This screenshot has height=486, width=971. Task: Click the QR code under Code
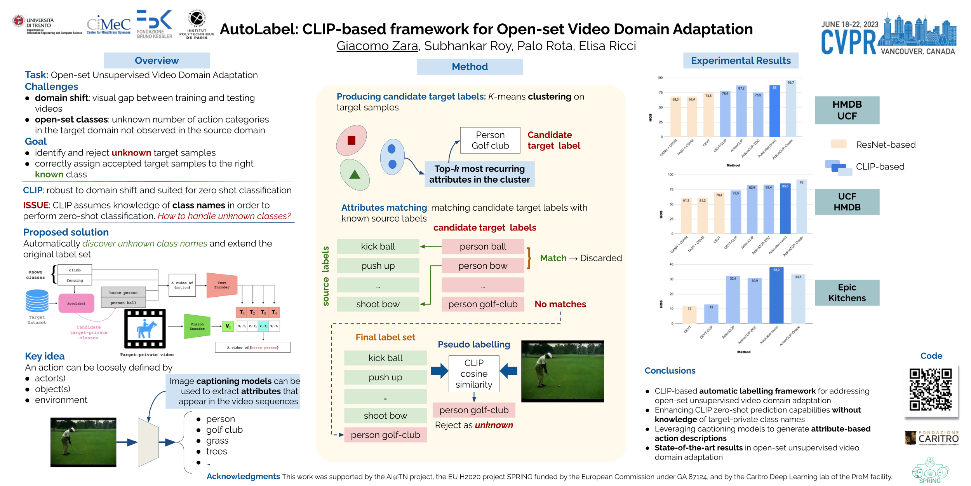(930, 390)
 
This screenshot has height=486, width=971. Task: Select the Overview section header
(157, 61)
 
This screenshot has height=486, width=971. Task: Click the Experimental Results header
(740, 61)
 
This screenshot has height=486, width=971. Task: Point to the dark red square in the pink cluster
(352, 140)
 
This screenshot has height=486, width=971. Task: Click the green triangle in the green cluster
(355, 175)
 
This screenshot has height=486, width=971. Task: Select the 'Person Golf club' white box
(490, 140)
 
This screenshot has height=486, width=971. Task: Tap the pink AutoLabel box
(76, 303)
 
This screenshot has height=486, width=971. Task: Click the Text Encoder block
(222, 285)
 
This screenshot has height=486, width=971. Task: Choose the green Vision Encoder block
(197, 326)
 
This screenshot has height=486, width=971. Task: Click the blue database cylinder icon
(37, 301)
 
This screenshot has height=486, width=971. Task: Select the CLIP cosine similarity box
(474, 374)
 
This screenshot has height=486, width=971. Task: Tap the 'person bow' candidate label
(482, 266)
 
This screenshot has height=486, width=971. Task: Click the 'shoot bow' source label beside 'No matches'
(378, 304)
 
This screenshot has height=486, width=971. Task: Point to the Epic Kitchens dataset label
(847, 293)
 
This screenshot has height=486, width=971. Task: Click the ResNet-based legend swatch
(839, 144)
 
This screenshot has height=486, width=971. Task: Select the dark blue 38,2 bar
(776, 295)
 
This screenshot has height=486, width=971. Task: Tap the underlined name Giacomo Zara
(377, 46)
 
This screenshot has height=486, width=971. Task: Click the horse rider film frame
(145, 329)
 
